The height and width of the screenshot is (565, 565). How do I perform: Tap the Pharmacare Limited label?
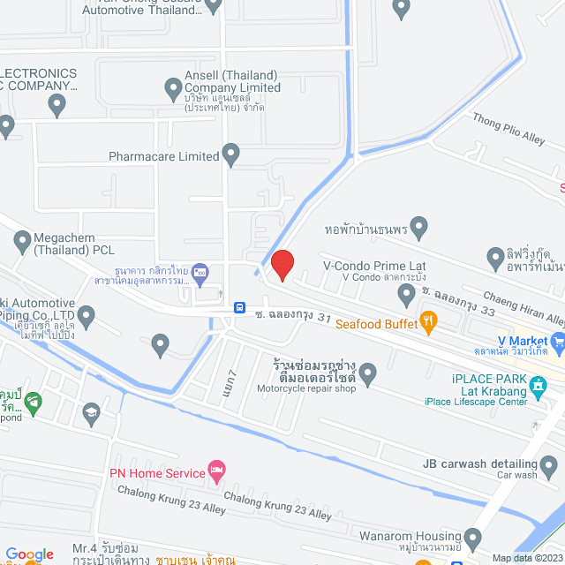(x=163, y=156)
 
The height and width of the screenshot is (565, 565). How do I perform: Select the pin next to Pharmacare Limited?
(x=231, y=155)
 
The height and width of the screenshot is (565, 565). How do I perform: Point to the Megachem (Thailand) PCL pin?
(x=23, y=238)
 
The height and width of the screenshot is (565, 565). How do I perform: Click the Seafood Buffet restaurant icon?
(x=429, y=323)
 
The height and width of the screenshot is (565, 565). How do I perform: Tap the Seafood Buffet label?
(x=375, y=324)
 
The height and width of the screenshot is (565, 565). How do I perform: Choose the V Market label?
(x=523, y=340)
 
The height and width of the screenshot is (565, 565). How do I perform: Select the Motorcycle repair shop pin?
(x=367, y=374)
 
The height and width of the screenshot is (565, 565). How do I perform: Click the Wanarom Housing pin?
(x=472, y=538)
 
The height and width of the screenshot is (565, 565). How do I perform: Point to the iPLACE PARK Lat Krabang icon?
(x=538, y=385)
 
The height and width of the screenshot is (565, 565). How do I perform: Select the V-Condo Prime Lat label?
(x=374, y=265)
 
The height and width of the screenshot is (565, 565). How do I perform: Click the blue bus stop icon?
(x=239, y=307)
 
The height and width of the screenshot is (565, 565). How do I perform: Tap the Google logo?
(x=30, y=554)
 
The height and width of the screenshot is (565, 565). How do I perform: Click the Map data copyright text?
(x=526, y=558)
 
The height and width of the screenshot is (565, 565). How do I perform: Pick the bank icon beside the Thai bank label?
(x=200, y=270)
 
